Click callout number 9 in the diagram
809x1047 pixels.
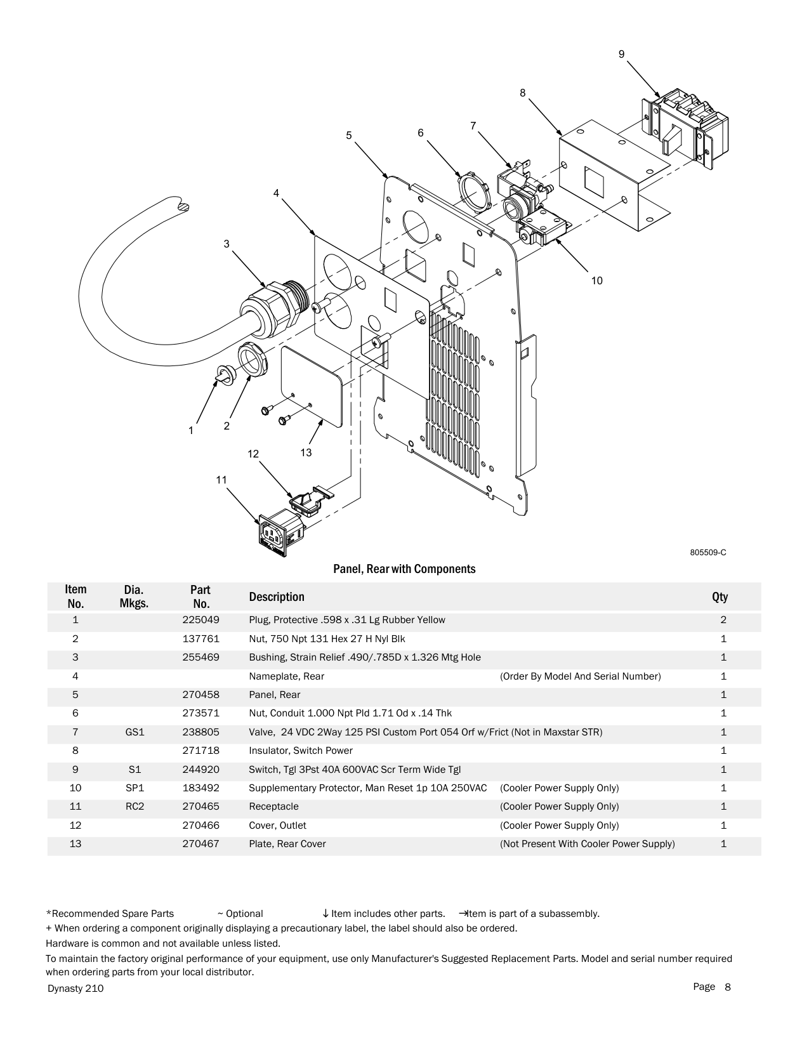pos(621,55)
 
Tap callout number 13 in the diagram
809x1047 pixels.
pos(306,452)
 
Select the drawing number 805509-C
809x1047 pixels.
pos(708,553)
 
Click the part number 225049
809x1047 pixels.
pos(201,619)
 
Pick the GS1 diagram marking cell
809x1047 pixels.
pos(135,732)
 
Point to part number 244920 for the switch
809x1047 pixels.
pos(201,770)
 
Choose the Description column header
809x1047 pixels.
pos(277,596)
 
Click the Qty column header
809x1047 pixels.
pos(720,597)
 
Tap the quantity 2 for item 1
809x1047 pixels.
pos(723,619)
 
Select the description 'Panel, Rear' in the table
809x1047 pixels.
pos(275,694)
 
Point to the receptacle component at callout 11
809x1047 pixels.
pos(281,536)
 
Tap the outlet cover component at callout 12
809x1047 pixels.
pos(312,501)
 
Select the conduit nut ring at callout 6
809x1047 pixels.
pos(473,193)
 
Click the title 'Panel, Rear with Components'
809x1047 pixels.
pos(404,569)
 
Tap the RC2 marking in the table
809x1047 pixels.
pos(135,807)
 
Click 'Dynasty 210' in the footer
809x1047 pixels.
pos(76,988)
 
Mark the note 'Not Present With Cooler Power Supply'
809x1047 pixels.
pos(588,844)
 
